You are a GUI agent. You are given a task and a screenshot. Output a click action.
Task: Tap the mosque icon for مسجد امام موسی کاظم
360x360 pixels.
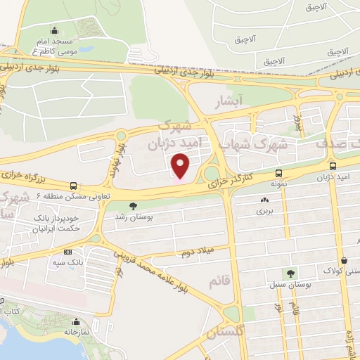[56, 31]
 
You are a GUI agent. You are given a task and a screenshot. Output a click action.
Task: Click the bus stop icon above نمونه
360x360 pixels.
[279, 173]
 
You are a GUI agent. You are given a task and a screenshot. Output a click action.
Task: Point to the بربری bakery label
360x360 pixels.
[263, 210]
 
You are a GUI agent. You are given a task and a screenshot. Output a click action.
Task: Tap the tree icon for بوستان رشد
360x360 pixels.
[133, 205]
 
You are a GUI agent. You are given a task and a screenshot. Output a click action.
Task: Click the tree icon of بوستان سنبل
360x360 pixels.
[289, 274]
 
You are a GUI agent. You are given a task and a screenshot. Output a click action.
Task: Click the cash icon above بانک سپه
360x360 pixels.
[67, 252]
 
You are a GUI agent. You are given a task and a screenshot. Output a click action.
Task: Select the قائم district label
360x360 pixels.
[219, 281]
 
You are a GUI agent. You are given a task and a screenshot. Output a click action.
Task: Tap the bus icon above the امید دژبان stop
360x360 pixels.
[332, 167]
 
